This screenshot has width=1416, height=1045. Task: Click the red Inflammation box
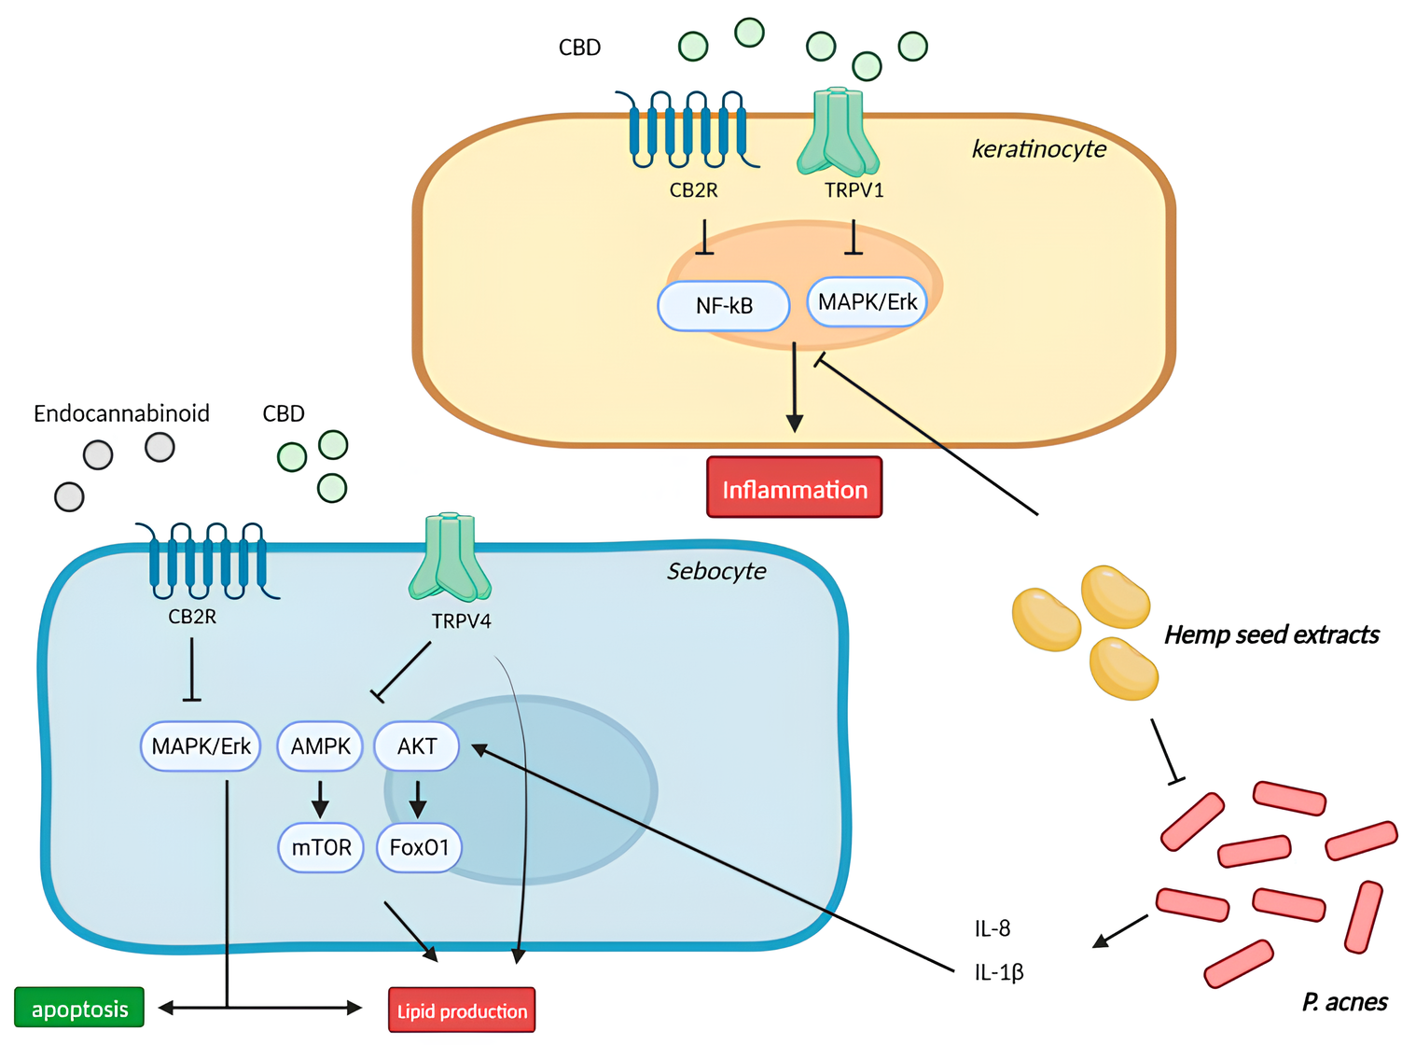(794, 487)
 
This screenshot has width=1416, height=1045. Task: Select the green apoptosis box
(79, 1008)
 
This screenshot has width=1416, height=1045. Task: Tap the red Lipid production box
(462, 1010)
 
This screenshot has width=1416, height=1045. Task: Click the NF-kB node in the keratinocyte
(724, 306)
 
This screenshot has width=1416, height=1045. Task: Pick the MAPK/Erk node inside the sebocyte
(201, 746)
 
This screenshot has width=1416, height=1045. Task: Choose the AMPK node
(320, 746)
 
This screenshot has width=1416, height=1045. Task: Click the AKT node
(416, 746)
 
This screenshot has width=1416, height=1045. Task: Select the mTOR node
(321, 847)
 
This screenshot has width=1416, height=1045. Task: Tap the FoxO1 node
(419, 847)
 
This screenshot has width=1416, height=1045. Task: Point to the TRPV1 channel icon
(838, 132)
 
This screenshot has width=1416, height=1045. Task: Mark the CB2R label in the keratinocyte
(693, 190)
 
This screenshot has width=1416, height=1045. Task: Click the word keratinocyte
(1038, 149)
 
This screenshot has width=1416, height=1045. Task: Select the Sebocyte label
(715, 571)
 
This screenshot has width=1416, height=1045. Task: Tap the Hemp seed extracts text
(1270, 635)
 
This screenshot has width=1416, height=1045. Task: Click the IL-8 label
(992, 928)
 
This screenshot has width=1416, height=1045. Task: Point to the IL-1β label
(998, 972)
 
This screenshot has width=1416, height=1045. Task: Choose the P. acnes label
(1344, 1002)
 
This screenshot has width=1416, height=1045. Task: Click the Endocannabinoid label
(121, 413)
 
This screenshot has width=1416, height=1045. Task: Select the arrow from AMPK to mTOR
(320, 798)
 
